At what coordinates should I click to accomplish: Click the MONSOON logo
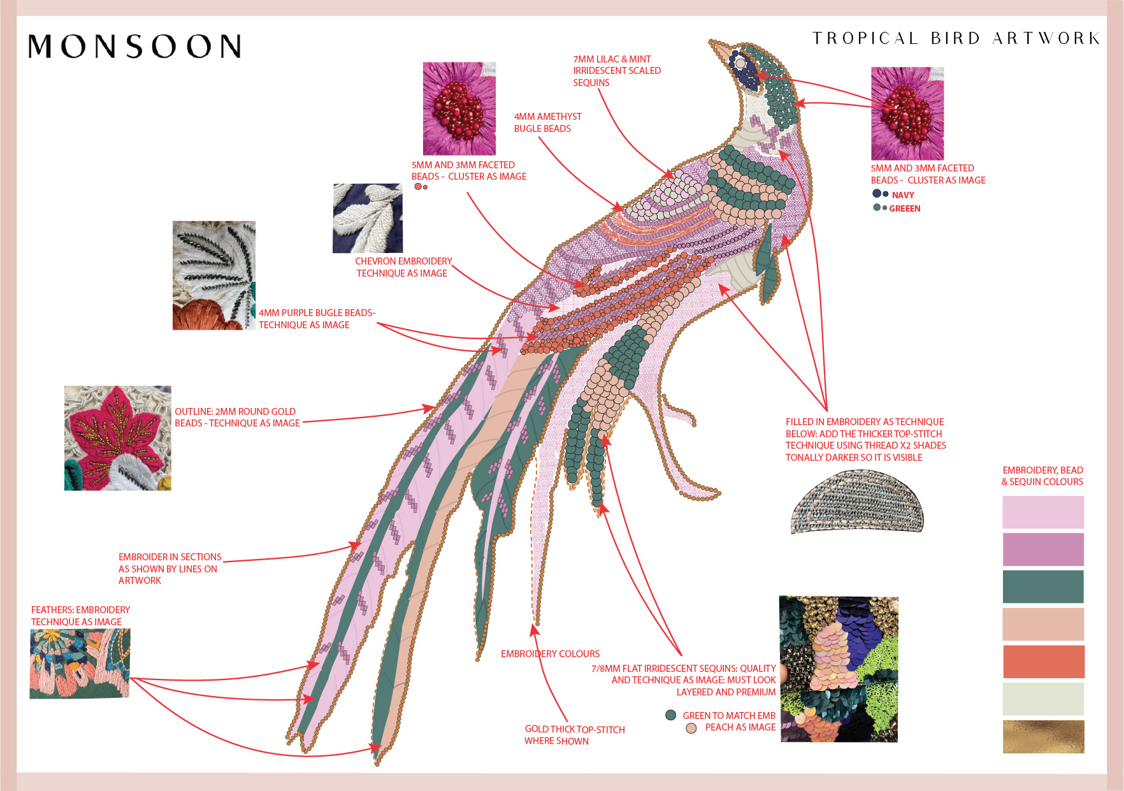[x=134, y=47]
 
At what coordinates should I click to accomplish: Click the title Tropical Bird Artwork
[x=956, y=38]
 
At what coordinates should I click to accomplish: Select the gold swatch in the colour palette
[x=1043, y=737]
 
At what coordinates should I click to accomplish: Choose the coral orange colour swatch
[x=1043, y=662]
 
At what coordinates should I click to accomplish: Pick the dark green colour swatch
[x=1043, y=586]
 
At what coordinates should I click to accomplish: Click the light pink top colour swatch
[x=1043, y=512]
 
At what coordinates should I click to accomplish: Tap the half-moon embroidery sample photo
[x=857, y=502]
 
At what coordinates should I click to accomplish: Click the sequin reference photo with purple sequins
[x=838, y=669]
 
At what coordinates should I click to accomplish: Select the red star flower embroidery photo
[x=118, y=438]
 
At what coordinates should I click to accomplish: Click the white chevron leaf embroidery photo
[x=368, y=218]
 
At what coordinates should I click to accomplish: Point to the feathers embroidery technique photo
[x=80, y=664]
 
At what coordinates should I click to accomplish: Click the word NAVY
[x=903, y=195]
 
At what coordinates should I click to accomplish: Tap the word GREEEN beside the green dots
[x=905, y=208]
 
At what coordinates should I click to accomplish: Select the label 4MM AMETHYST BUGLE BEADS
[x=547, y=122]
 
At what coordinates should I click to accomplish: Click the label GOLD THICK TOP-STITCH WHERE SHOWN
[x=574, y=735]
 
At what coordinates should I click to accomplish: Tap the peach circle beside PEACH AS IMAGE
[x=691, y=728]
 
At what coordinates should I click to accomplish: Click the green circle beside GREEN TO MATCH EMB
[x=670, y=715]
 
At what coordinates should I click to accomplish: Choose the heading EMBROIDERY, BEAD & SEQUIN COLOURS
[x=1042, y=476]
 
